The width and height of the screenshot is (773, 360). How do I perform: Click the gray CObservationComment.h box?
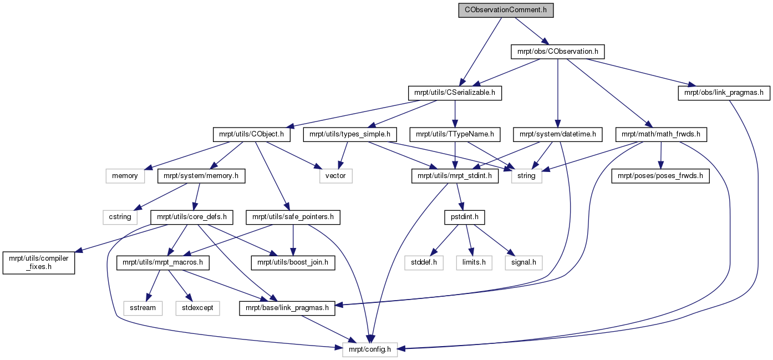tap(506, 11)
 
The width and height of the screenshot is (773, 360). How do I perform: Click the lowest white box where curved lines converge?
tap(370, 349)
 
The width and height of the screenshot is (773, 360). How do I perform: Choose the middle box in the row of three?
tap(474, 263)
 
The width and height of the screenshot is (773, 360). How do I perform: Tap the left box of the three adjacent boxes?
tap(424, 263)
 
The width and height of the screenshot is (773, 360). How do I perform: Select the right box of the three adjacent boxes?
tap(523, 263)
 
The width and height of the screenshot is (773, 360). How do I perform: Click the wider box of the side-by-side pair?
tap(197, 308)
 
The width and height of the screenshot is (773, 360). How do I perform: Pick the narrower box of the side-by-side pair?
tap(143, 308)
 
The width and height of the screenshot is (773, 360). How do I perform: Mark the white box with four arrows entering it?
tap(526, 176)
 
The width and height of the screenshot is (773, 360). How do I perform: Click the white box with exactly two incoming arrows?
tap(336, 176)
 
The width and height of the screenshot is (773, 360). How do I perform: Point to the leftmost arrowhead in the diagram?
tap(78, 251)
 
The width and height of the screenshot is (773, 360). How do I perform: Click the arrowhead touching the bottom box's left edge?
tap(338, 347)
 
